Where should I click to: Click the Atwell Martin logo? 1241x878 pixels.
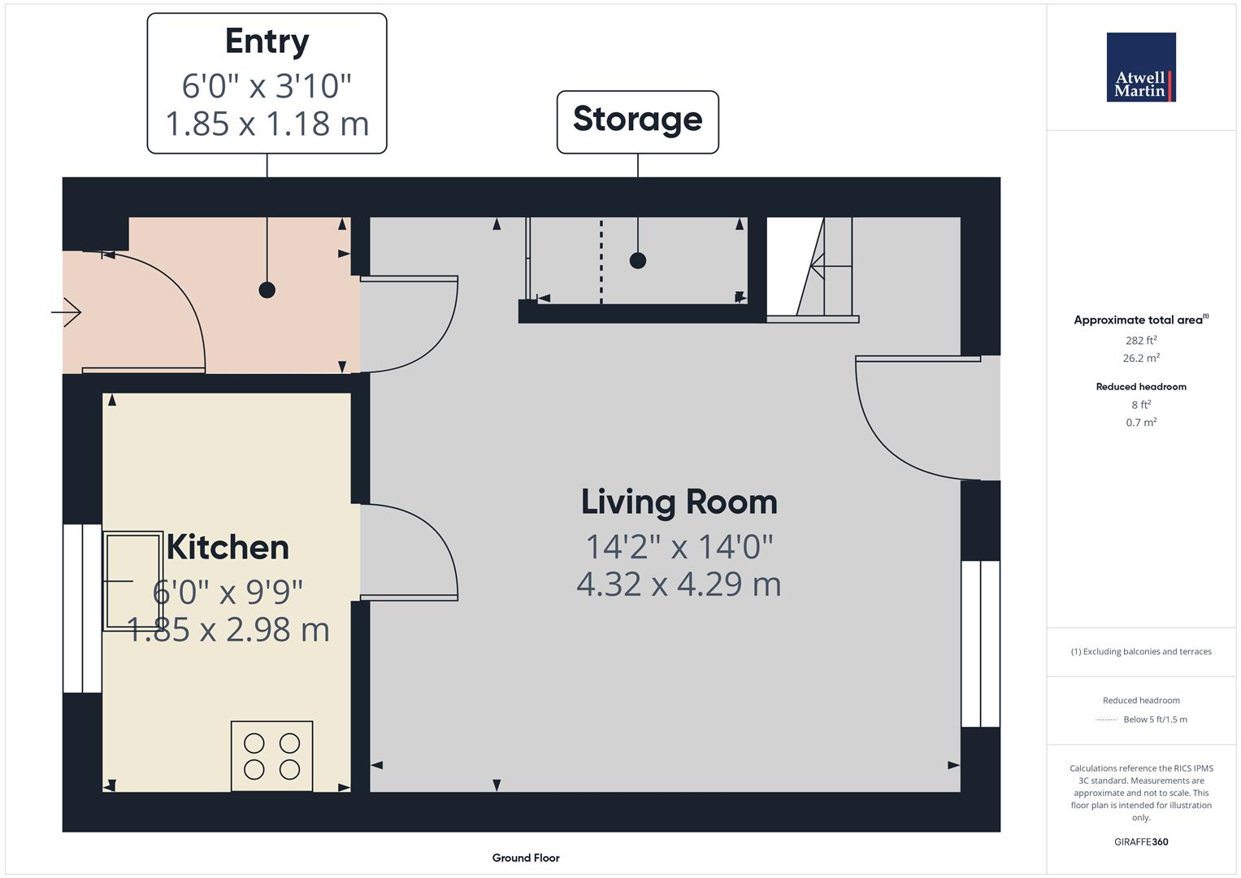pyautogui.click(x=1140, y=67)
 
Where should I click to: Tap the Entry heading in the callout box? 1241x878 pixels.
pyautogui.click(x=267, y=41)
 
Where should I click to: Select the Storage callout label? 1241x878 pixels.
pyautogui.click(x=637, y=120)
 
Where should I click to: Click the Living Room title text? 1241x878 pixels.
pyautogui.click(x=679, y=502)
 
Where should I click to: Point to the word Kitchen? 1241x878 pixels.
pyautogui.click(x=228, y=547)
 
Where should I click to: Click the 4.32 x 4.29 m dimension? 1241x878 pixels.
pyautogui.click(x=679, y=585)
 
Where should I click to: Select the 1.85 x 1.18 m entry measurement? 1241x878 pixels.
pyautogui.click(x=267, y=124)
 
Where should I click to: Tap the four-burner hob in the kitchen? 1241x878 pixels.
pyautogui.click(x=271, y=756)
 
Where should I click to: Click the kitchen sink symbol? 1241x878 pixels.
pyautogui.click(x=132, y=580)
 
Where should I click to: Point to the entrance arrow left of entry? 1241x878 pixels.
pyautogui.click(x=67, y=311)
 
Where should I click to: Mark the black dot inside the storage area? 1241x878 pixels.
pyautogui.click(x=638, y=261)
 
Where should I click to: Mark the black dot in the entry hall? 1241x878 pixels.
pyautogui.click(x=267, y=289)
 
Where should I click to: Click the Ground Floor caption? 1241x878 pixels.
pyautogui.click(x=526, y=858)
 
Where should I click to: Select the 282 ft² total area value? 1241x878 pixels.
pyautogui.click(x=1141, y=341)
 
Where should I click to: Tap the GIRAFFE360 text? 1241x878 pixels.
pyautogui.click(x=1141, y=842)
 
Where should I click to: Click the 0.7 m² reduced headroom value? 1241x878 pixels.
pyautogui.click(x=1141, y=423)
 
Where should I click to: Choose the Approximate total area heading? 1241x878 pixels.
pyautogui.click(x=1140, y=320)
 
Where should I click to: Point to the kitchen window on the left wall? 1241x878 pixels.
pyautogui.click(x=82, y=608)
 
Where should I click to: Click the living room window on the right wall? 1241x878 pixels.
pyautogui.click(x=980, y=644)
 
